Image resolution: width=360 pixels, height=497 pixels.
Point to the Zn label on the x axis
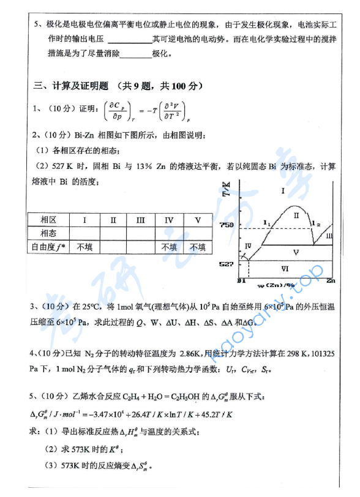(331, 281)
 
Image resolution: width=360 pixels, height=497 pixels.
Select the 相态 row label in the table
(48, 233)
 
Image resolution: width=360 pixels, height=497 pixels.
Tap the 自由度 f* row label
(48, 247)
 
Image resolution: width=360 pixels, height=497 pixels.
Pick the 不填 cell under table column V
(197, 247)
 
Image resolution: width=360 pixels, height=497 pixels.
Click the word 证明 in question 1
(88, 109)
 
